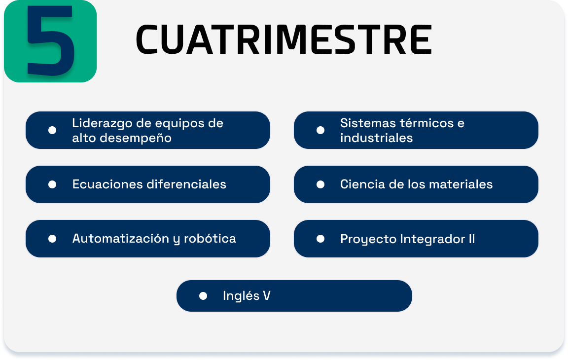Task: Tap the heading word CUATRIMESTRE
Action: pos(284,40)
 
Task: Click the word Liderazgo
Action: pos(102,123)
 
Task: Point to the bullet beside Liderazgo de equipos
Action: pos(52,130)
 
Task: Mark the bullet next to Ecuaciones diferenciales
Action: pos(52,184)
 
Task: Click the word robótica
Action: pos(210,239)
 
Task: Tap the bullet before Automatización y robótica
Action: pos(52,239)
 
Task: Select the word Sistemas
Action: pos(367,123)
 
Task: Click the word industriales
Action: pos(376,139)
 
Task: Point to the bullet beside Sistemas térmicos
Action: pos(320,130)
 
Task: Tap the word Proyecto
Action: pos(368,239)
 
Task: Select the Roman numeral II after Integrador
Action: pos(472,239)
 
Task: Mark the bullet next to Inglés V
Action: pos(203,296)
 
